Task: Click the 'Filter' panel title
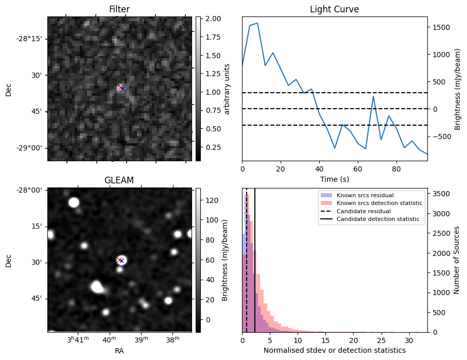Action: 119,9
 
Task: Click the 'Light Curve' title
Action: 334,9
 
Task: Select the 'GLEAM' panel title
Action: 119,180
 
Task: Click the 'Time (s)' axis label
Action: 334,179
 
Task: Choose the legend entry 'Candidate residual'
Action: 364,212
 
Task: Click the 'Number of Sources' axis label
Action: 456,260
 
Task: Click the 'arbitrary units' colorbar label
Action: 227,89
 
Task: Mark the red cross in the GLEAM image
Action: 119,260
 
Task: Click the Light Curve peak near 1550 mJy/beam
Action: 257,23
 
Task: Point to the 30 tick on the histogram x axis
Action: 408,340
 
